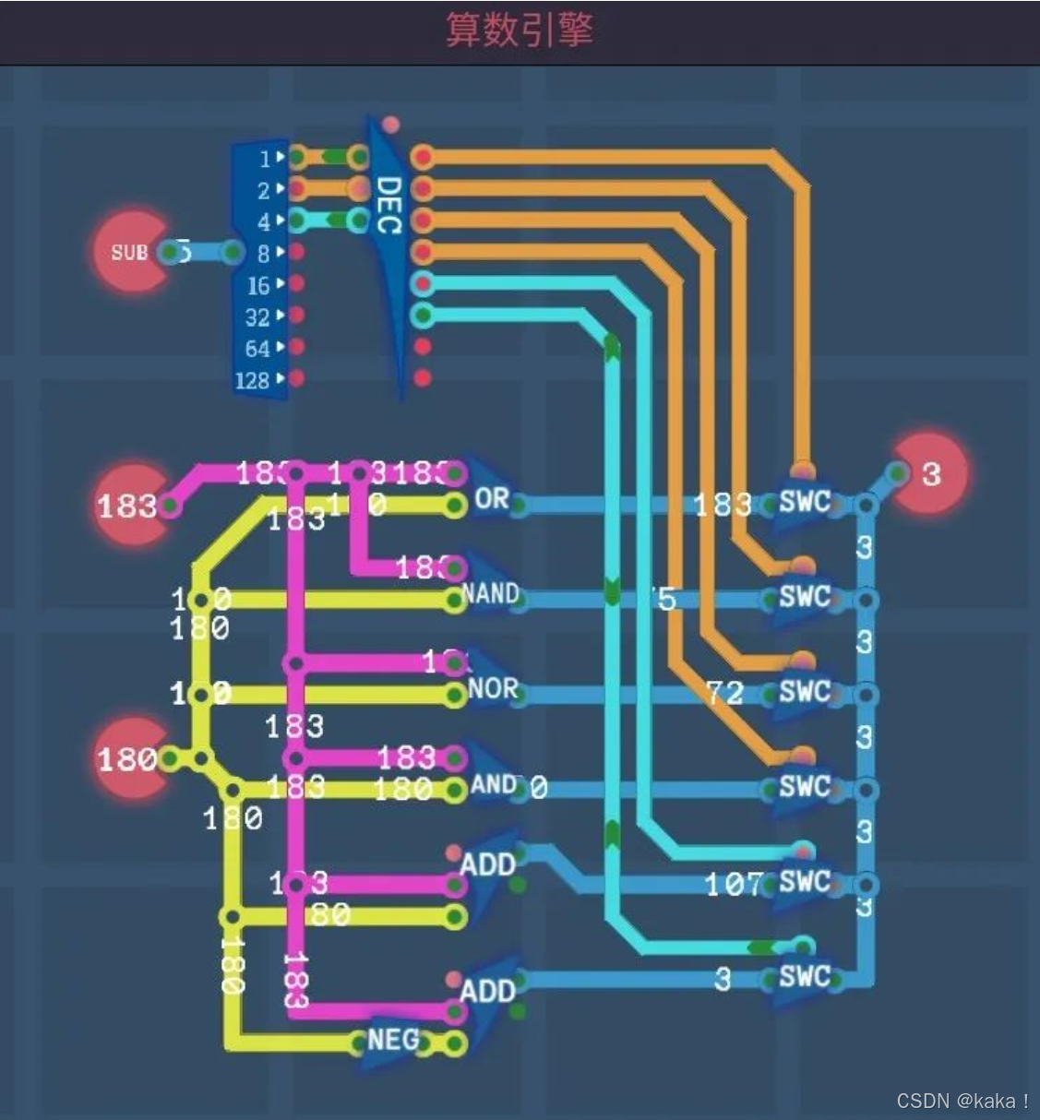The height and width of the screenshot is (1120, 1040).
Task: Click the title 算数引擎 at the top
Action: tap(519, 30)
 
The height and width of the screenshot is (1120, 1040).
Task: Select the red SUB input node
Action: tap(130, 252)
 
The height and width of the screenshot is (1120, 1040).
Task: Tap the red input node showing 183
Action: tap(130, 505)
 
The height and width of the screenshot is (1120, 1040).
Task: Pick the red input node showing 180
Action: tap(130, 759)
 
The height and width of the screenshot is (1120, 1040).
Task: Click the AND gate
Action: tap(493, 785)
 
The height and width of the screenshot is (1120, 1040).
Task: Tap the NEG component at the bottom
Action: tap(393, 1041)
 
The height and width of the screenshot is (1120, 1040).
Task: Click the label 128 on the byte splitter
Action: tap(252, 380)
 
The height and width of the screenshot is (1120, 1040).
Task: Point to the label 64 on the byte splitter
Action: tap(257, 349)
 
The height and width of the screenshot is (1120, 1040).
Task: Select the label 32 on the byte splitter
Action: tap(257, 317)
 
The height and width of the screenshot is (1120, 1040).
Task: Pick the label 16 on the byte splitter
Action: tap(257, 286)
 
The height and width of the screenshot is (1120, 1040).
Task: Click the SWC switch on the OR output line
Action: tap(804, 502)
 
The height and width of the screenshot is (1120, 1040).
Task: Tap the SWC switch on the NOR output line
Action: tap(804, 692)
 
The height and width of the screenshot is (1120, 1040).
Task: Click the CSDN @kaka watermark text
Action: tap(962, 1101)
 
